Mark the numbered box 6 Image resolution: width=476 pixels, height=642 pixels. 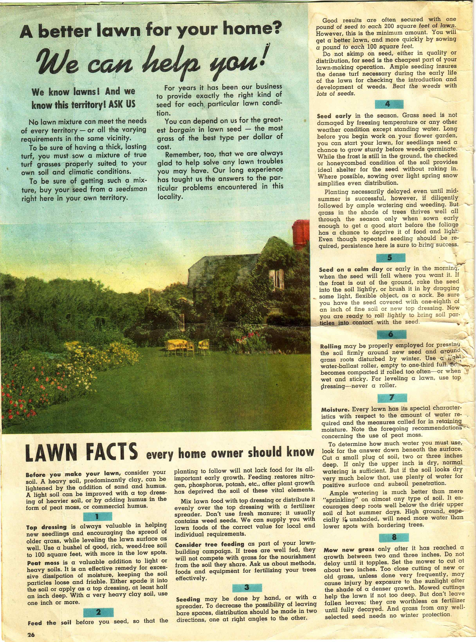pos(391,334)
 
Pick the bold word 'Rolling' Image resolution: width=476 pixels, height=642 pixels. pos(331,347)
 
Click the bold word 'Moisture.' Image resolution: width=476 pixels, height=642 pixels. pos(335,409)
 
